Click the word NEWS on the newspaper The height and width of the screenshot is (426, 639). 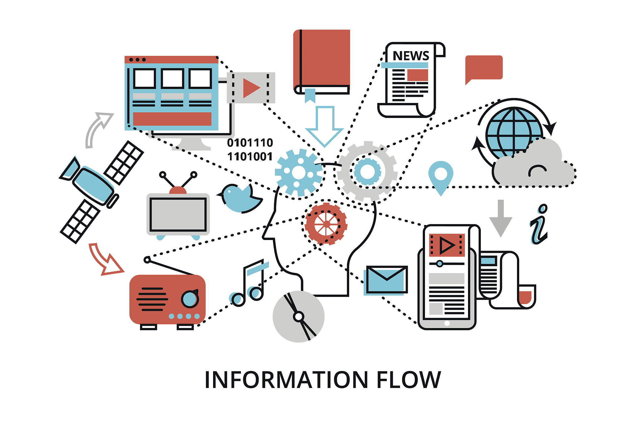point(411,56)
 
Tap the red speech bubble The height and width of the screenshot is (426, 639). point(484,68)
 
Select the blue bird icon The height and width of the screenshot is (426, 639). point(240,198)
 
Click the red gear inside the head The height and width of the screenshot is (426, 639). point(326,223)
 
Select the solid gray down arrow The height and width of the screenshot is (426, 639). point(500,218)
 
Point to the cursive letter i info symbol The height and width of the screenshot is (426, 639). point(539,225)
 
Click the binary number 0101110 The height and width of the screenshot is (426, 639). point(250,143)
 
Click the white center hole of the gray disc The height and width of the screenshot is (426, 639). point(299,317)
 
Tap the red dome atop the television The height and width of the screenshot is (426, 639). point(178,190)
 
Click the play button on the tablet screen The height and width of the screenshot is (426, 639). point(447,245)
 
